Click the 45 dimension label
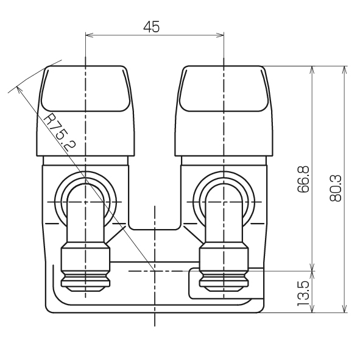(x=151, y=27)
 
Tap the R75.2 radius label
(x=59, y=132)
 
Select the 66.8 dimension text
(x=303, y=179)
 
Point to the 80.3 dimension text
(x=336, y=188)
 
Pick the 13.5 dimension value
(x=303, y=293)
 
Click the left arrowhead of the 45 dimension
(x=89, y=35)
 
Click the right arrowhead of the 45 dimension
(x=220, y=35)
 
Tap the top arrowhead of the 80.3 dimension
(x=344, y=70)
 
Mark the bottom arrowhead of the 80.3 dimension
(x=344, y=308)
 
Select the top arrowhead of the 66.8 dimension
(x=312, y=70)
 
